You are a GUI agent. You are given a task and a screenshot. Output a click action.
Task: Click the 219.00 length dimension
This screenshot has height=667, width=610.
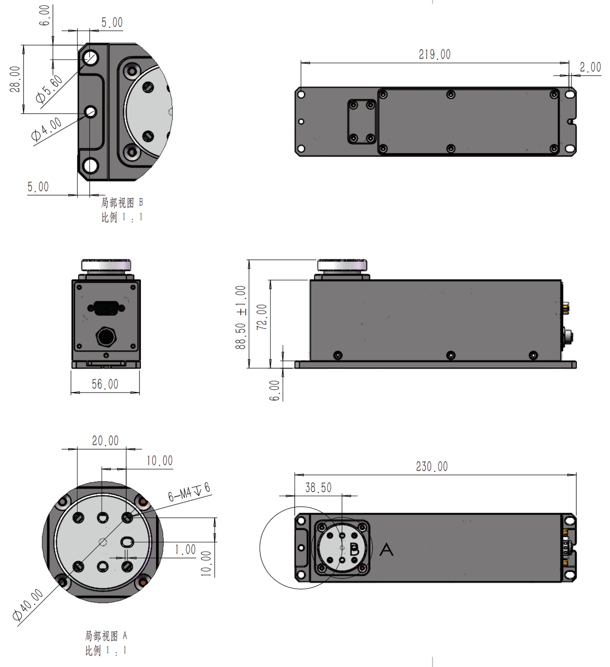434,54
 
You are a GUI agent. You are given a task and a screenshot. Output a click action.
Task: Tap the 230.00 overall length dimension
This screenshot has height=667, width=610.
432,467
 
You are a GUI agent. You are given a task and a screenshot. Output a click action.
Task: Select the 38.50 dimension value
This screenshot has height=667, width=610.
318,488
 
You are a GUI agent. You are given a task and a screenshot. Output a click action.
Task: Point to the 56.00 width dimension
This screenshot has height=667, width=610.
105,384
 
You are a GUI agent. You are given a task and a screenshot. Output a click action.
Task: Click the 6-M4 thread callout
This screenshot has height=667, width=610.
188,493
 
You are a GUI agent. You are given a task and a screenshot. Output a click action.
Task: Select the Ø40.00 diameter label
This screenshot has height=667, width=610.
28,604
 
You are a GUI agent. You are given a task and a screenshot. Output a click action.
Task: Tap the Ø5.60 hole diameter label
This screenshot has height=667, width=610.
49,89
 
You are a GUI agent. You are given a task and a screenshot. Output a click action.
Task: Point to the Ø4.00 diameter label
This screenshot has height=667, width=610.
46,129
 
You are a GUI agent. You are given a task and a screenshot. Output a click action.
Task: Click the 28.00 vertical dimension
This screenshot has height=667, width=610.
15,79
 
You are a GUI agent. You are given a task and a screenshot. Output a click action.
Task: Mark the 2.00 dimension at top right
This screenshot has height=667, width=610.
590,67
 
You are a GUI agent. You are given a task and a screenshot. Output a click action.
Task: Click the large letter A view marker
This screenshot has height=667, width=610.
386,550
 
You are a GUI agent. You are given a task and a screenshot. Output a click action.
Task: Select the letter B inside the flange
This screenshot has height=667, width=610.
354,550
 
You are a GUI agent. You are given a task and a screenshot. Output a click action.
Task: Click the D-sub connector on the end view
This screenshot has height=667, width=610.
106,308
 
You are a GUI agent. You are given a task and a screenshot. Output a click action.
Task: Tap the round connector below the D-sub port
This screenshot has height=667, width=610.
106,336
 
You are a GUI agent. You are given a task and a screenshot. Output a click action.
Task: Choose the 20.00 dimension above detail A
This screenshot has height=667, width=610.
105,441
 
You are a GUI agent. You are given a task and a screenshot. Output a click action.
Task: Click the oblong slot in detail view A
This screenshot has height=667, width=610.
127,542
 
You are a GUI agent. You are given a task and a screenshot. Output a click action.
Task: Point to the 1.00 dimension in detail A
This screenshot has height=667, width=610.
185,550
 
